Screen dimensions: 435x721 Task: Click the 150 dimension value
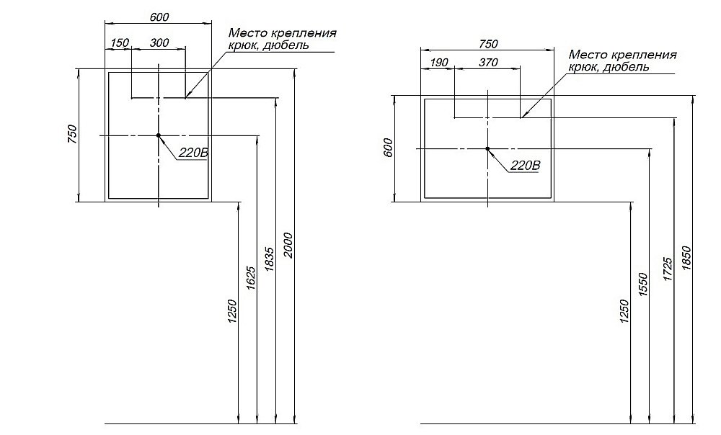(x=120, y=43)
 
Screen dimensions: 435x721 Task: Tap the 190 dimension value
(x=438, y=63)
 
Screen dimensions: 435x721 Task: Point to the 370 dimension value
(x=488, y=63)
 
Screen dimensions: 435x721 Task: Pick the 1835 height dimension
(x=270, y=259)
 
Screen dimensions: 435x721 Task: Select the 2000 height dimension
(x=288, y=245)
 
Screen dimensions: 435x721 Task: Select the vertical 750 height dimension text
(x=71, y=135)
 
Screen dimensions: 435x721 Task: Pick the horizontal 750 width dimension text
(x=488, y=44)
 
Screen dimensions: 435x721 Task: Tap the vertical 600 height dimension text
(x=387, y=148)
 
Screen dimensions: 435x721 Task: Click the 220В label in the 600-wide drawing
(x=193, y=153)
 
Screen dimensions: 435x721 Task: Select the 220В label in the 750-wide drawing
(x=525, y=165)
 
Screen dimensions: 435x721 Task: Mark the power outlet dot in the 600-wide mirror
(x=158, y=135)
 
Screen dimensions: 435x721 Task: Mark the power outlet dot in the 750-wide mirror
(x=487, y=148)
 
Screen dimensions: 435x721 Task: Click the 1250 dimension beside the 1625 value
(x=232, y=311)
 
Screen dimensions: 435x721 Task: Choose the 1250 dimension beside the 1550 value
(x=624, y=311)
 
